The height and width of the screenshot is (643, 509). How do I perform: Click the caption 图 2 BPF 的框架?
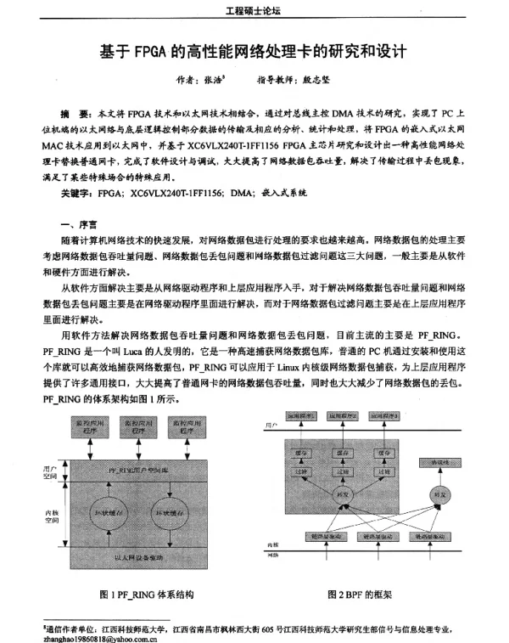360,595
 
